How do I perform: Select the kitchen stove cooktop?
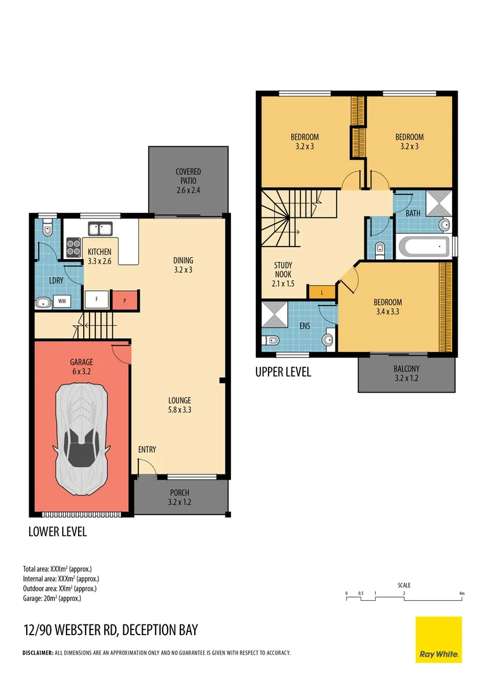click(x=73, y=246)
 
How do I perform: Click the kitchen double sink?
click(x=100, y=228)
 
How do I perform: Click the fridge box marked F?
click(x=96, y=300)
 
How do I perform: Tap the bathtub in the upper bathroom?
click(x=423, y=246)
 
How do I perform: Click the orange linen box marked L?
click(x=322, y=292)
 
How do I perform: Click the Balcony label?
click(x=406, y=373)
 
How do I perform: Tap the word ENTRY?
click(x=147, y=450)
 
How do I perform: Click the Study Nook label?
click(x=283, y=274)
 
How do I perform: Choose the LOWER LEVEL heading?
click(x=58, y=532)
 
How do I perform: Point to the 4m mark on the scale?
click(x=462, y=593)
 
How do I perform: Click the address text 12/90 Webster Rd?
click(x=110, y=630)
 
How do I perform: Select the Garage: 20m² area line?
click(x=52, y=598)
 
